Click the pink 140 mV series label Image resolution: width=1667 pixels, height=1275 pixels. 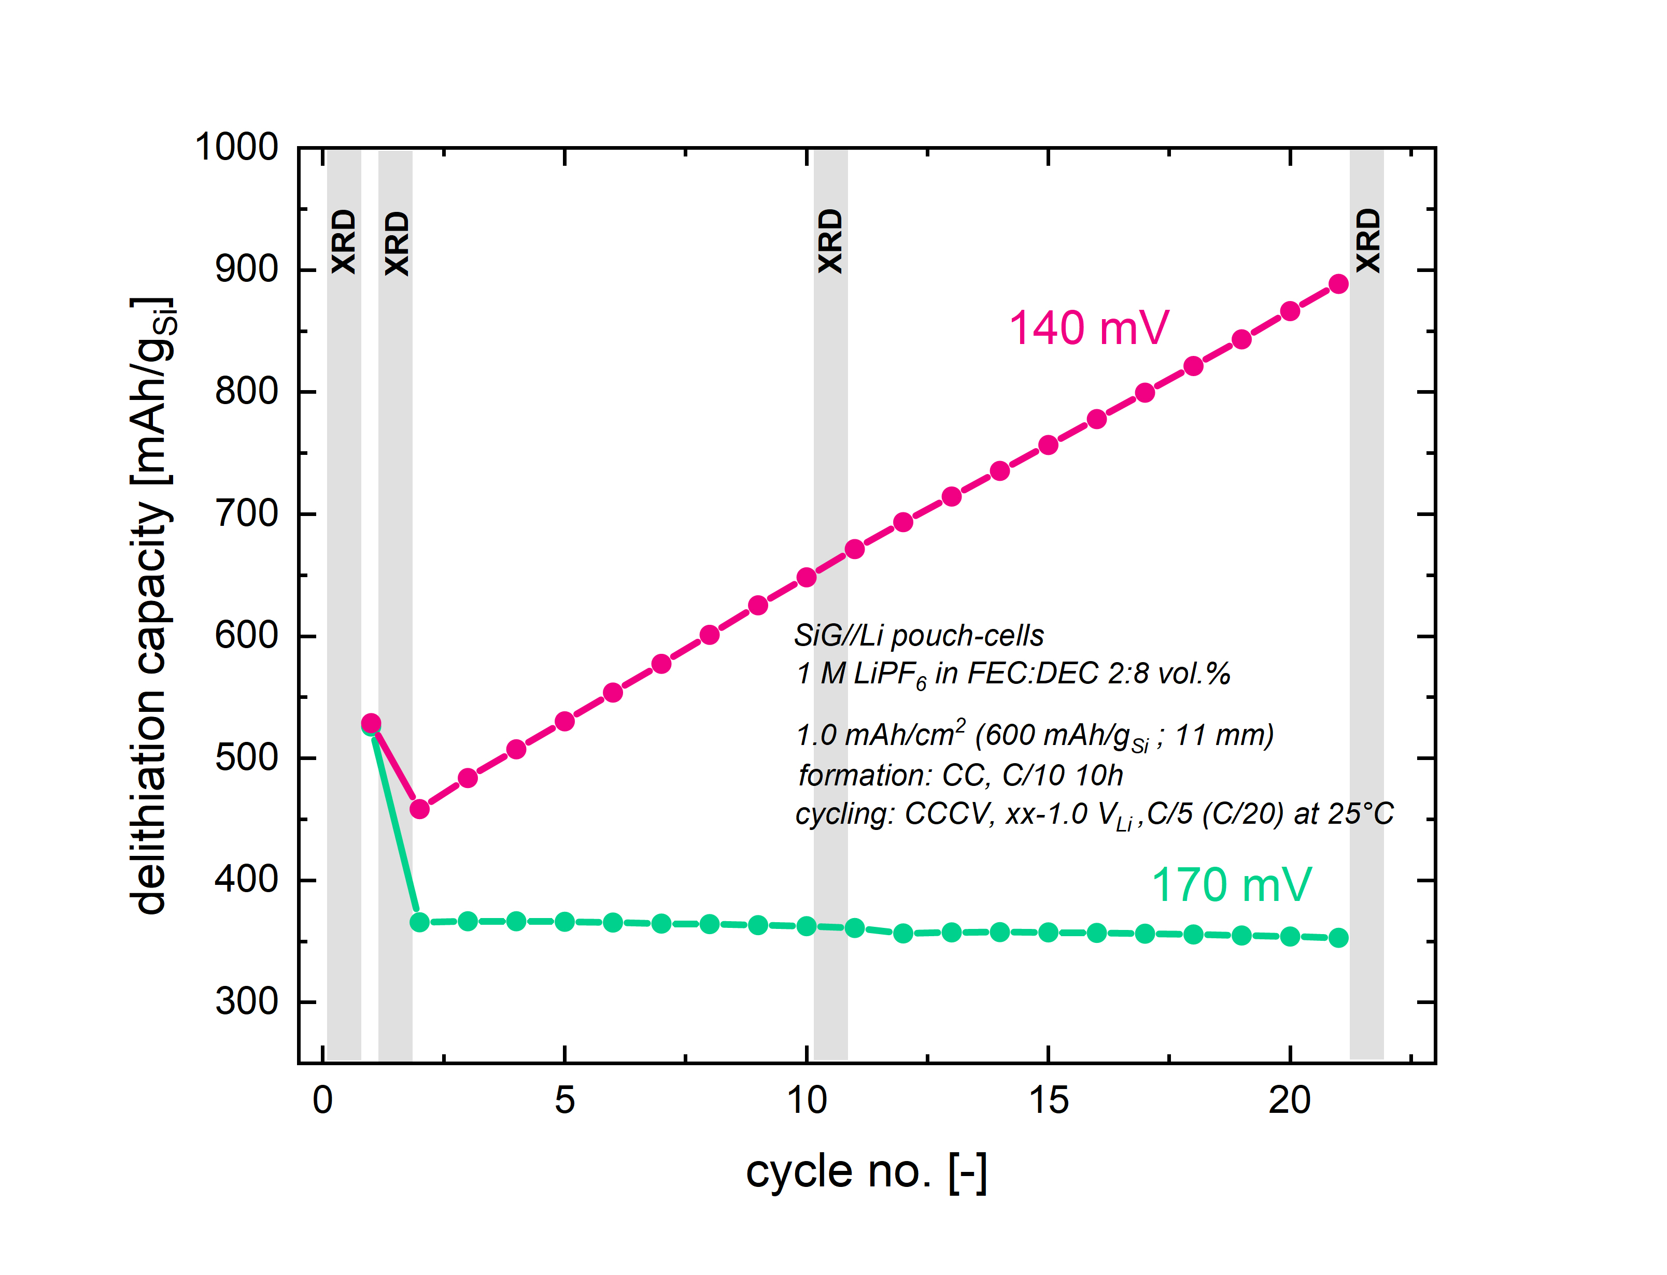(1088, 328)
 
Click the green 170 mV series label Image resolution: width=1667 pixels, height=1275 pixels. (1231, 885)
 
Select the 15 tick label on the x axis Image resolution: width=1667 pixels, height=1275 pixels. (1048, 1100)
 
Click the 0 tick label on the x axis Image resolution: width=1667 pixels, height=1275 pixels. (322, 1100)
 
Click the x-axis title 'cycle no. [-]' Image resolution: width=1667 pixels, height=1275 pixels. (866, 1171)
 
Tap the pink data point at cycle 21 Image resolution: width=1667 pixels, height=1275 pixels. (1338, 284)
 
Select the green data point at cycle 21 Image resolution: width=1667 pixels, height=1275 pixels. (1338, 938)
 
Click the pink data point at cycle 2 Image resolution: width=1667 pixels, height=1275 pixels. (419, 809)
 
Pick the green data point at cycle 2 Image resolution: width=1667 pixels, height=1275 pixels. (419, 922)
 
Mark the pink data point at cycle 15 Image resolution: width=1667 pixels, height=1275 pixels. (1048, 445)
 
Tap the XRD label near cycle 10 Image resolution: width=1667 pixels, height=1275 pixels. (830, 241)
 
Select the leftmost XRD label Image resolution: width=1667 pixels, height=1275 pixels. (344, 242)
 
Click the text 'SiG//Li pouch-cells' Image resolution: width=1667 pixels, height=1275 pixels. (919, 635)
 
